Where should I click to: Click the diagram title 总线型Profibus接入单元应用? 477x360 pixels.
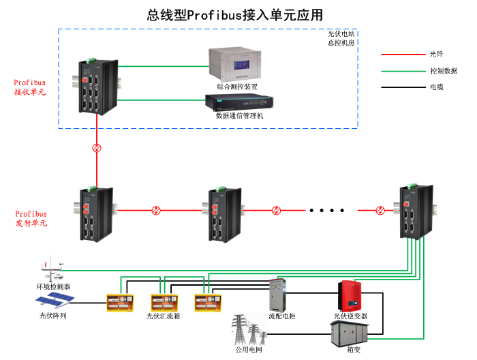coord(234,14)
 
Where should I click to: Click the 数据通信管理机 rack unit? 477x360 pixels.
coord(239,103)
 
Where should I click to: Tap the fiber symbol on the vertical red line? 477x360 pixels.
coord(97,148)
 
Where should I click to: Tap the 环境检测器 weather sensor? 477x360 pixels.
coord(52,269)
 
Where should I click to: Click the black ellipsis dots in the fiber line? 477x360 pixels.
coord(327,210)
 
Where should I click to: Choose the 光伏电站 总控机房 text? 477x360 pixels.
coord(341,37)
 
